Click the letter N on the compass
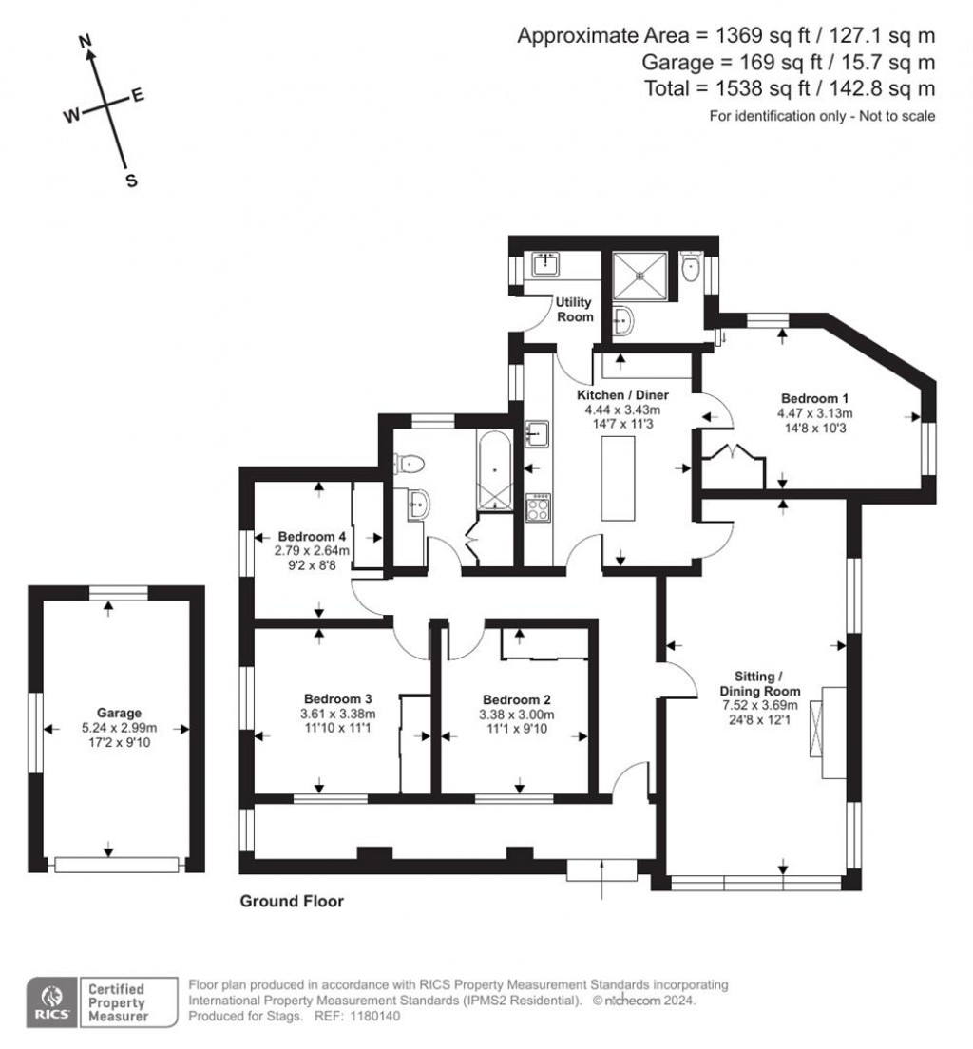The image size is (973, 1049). click(86, 41)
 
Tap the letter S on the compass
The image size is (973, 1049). click(132, 181)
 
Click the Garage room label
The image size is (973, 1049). click(119, 713)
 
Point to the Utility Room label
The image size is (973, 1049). click(575, 310)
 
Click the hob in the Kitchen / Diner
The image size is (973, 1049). click(538, 505)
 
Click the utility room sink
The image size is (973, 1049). click(544, 263)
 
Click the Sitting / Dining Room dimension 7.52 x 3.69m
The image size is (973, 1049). click(759, 706)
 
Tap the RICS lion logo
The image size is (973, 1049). click(49, 1001)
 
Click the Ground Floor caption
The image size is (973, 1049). click(292, 901)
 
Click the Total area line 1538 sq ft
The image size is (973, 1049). click(813, 88)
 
